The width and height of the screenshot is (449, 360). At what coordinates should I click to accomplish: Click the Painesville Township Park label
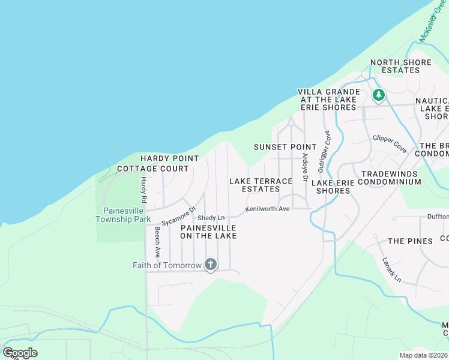[126, 215]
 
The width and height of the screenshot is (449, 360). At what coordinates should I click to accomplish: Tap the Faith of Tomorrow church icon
[210, 265]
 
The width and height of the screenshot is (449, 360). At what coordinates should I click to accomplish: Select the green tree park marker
[378, 95]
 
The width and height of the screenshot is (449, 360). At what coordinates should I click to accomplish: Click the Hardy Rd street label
[143, 189]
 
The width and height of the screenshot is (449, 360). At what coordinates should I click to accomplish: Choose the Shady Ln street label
[211, 218]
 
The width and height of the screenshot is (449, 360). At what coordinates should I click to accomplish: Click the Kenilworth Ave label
[267, 209]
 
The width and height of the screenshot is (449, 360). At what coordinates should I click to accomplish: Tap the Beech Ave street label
[157, 242]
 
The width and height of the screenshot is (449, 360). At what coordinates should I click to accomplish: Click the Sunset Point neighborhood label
[285, 147]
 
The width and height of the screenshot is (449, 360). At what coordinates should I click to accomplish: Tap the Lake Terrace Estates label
[261, 185]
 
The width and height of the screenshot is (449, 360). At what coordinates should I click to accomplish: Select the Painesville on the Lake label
[208, 232]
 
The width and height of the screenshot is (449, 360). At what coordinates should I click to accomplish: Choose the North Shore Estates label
[400, 66]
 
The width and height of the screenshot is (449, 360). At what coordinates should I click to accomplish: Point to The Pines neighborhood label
[410, 241]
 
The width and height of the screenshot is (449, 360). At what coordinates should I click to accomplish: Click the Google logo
[20, 353]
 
